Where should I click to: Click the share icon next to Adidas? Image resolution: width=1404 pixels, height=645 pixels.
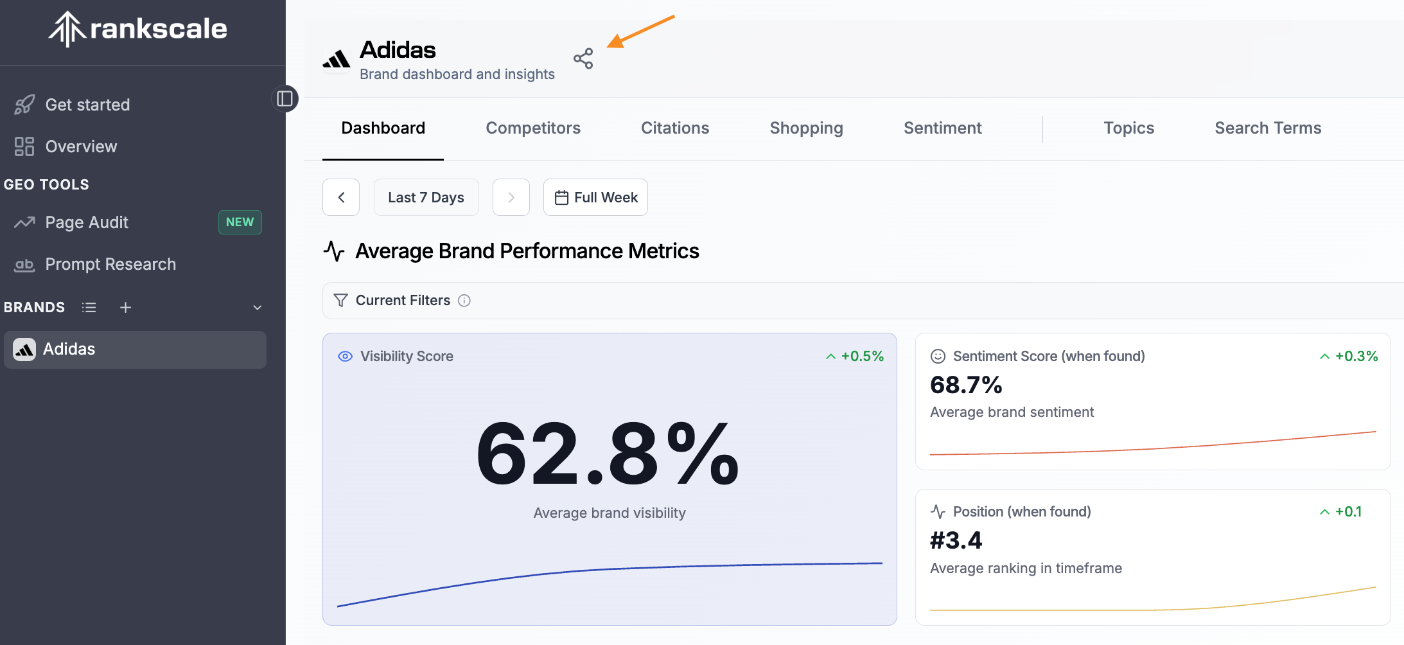[583, 58]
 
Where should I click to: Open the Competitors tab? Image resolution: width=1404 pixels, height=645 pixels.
[533, 128]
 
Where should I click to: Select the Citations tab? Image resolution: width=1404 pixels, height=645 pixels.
[675, 128]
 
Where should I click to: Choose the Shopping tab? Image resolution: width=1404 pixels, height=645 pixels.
[806, 128]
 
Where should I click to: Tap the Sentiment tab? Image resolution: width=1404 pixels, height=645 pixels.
[942, 128]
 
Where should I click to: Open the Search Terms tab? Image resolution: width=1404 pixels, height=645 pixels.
[1268, 128]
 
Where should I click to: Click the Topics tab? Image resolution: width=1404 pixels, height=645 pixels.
[1128, 128]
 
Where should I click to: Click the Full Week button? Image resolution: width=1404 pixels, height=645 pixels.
[595, 197]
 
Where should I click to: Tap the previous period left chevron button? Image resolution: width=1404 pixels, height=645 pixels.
[341, 197]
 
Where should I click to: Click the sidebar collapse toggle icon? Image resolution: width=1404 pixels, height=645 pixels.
[285, 98]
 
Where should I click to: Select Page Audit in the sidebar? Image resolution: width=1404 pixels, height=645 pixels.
[87, 222]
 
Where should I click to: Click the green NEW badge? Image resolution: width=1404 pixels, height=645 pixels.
[240, 222]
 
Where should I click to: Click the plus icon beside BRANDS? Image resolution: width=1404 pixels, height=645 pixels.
[125, 308]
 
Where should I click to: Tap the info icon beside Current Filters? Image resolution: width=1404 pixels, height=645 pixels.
[464, 301]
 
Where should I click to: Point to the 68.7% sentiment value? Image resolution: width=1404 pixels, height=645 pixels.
[966, 385]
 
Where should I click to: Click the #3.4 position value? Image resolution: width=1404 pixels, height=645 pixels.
[956, 541]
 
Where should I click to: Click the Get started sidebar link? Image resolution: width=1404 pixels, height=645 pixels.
[87, 105]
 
